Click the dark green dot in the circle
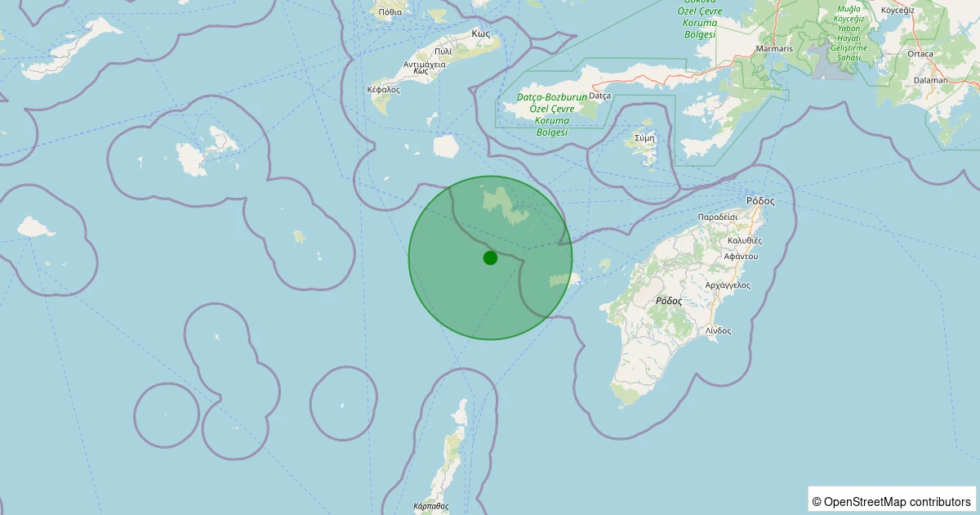pos(490,257)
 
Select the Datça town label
pos(599,96)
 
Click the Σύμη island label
pos(644,138)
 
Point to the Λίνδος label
pos(719,331)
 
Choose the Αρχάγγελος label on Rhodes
pos(728,285)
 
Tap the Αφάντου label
pos(741,256)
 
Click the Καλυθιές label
pos(744,241)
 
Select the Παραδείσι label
pos(718,217)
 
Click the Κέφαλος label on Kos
pos(384,89)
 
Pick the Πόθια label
pos(390,12)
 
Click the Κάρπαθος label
pos(431,506)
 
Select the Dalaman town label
pos(931,80)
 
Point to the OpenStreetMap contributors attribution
pos(891,501)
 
